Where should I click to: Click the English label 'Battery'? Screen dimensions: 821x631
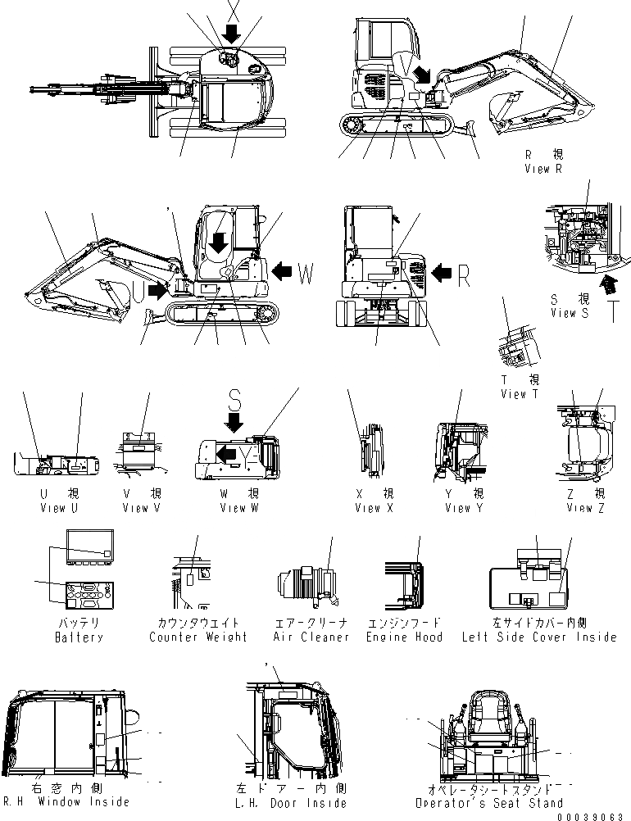[x=79, y=637]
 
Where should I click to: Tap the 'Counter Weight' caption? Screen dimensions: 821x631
[x=198, y=637]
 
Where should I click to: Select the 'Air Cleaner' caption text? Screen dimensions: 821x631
[x=311, y=637]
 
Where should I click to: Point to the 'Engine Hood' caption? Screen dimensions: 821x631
[x=404, y=637]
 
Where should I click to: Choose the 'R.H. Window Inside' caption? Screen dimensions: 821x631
[x=66, y=802]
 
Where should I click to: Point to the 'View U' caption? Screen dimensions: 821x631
[x=59, y=508]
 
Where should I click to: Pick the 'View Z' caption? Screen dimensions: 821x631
[x=585, y=508]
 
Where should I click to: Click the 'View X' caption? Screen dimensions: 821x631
[x=374, y=508]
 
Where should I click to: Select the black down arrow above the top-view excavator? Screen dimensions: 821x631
[x=232, y=34]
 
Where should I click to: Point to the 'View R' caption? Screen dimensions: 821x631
[x=543, y=169]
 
